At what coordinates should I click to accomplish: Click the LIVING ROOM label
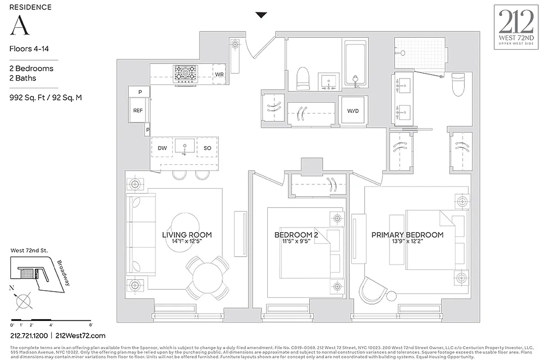[x=187, y=235]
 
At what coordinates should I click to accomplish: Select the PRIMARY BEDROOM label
[x=407, y=235]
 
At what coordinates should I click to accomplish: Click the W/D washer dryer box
[x=352, y=111]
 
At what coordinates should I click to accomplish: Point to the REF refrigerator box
[x=138, y=110]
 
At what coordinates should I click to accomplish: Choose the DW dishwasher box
[x=162, y=148]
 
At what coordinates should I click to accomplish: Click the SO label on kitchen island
[x=207, y=148]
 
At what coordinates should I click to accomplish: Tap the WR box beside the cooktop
[x=219, y=74]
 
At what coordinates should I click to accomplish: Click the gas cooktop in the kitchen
[x=186, y=73]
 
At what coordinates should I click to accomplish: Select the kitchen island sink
[x=184, y=147]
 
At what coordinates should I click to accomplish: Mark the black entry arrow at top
[x=261, y=15]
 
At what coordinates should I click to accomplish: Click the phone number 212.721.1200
[x=29, y=336]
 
